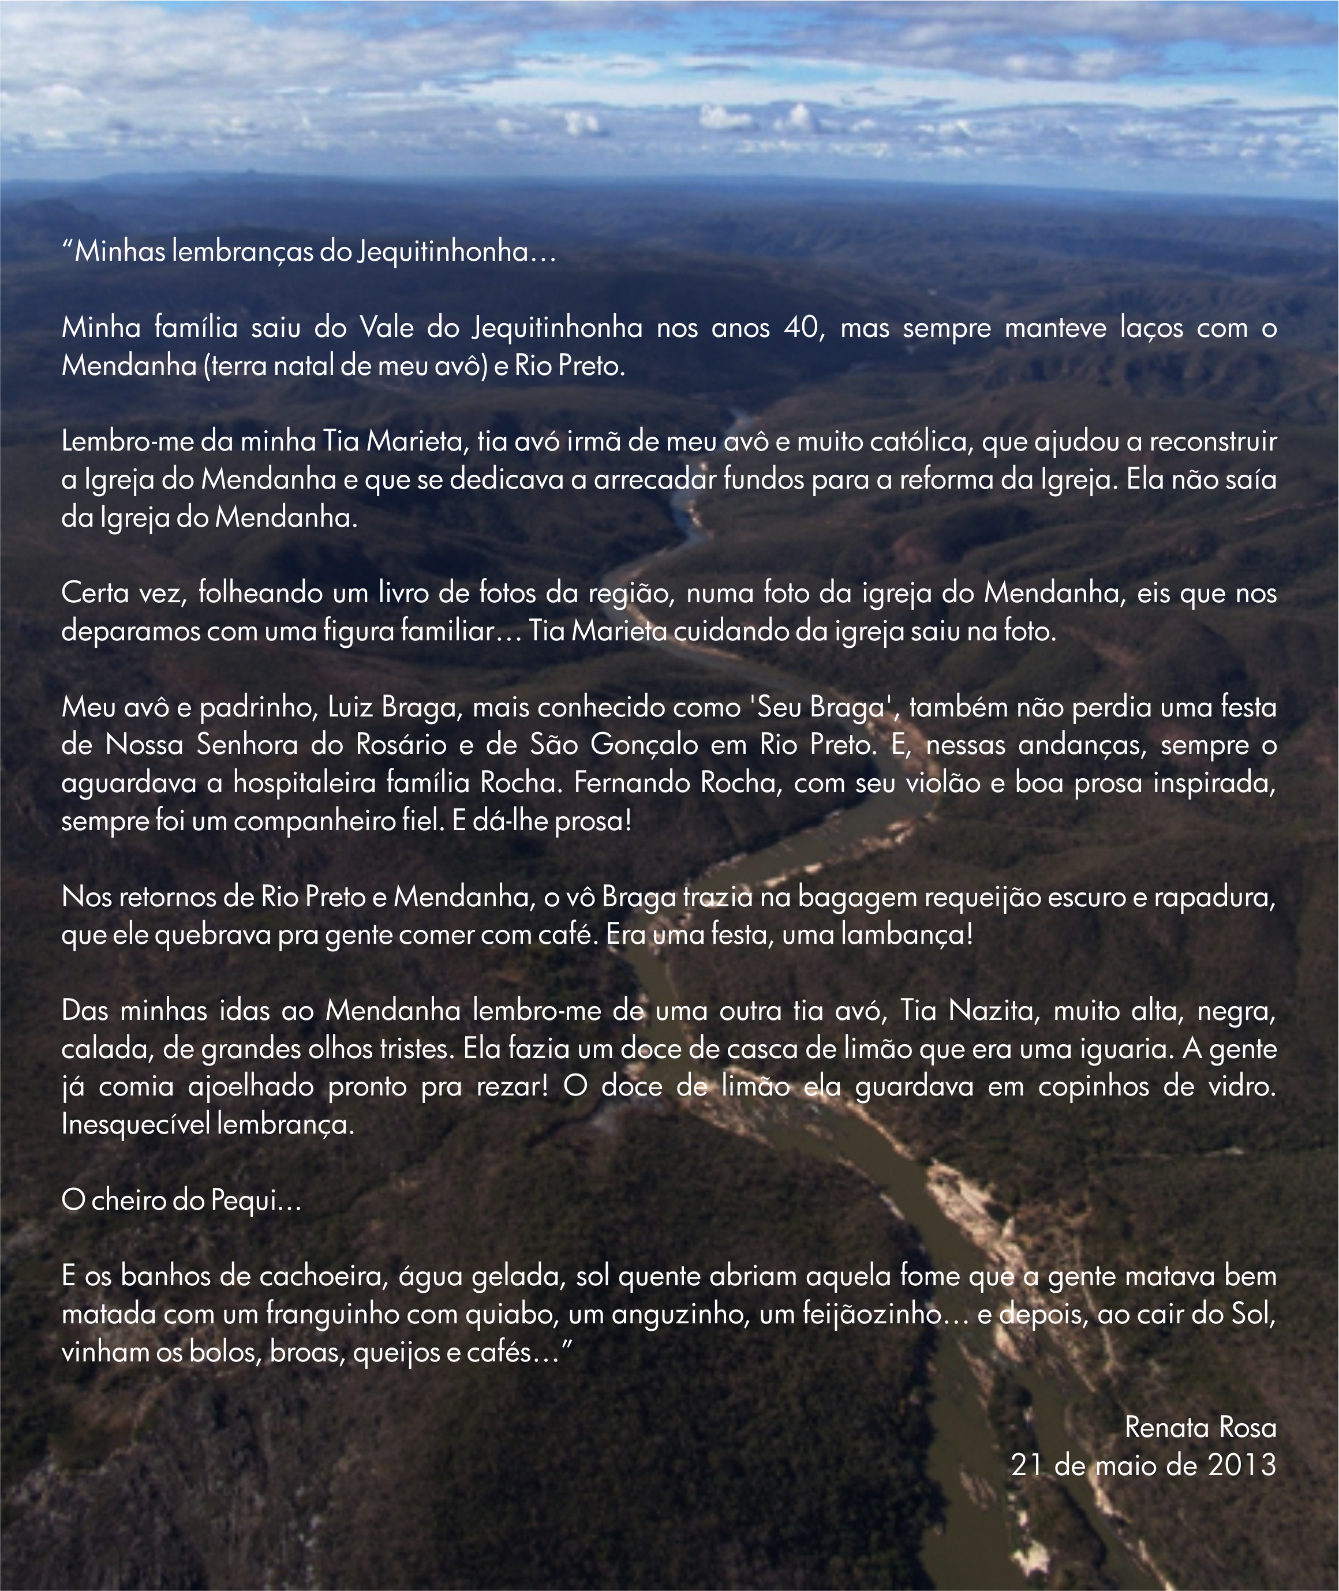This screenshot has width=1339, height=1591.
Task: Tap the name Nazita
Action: coord(992,1011)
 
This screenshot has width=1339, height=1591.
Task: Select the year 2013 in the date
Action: coord(1242,1466)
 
